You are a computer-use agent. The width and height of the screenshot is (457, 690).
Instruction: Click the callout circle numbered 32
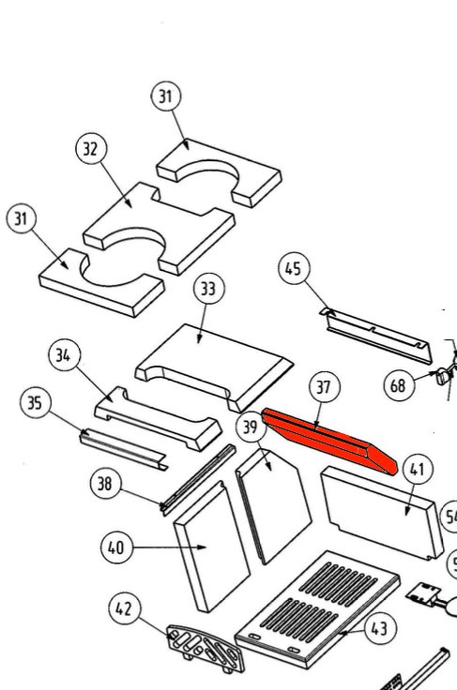[x=91, y=149]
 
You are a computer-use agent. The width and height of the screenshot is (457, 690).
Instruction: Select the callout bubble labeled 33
[x=208, y=290]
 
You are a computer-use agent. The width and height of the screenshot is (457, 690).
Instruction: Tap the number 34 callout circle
[x=65, y=355]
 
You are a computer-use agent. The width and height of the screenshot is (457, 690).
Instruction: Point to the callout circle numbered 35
[x=35, y=404]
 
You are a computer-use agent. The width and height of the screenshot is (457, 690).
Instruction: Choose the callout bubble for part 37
[x=324, y=387]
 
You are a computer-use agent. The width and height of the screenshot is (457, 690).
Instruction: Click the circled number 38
[x=105, y=484]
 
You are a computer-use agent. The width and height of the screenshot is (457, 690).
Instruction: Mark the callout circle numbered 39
[x=250, y=427]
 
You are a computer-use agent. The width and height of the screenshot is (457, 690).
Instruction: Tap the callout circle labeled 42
[x=124, y=607]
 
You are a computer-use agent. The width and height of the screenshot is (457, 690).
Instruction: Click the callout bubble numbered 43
[x=378, y=629]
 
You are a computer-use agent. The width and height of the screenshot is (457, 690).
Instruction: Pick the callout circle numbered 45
[x=293, y=269]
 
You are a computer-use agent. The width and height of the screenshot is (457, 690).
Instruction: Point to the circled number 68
[x=398, y=383]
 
